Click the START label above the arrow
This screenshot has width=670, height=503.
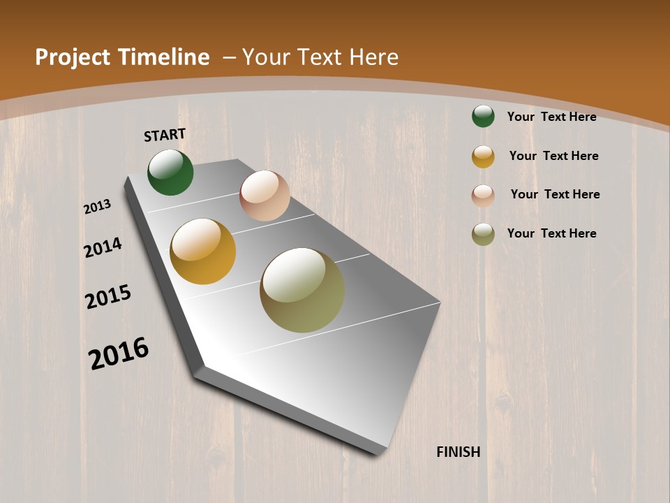pos(165,135)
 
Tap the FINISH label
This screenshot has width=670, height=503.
pos(458,452)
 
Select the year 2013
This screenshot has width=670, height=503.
pos(98,207)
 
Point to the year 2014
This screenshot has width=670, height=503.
pos(103,247)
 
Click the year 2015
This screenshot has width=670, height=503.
pos(108,297)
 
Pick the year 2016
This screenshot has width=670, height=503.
pos(119,353)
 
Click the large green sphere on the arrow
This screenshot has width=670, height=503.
pos(170,172)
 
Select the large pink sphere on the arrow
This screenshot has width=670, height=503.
pos(265,196)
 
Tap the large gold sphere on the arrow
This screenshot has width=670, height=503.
pos(203,251)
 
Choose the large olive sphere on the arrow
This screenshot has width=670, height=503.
pos(302,290)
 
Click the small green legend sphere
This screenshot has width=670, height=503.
pos(483,116)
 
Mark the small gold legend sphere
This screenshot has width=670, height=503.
pos(483,156)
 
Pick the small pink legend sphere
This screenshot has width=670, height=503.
pos(483,196)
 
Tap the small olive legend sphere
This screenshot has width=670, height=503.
pos(483,234)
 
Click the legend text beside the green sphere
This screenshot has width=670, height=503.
pos(551,117)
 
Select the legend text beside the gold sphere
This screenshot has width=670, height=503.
pos(553,156)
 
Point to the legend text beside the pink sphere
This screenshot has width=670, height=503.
pos(555,194)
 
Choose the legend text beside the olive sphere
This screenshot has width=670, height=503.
pos(551,233)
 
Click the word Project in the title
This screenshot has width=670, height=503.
pos(73,57)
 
